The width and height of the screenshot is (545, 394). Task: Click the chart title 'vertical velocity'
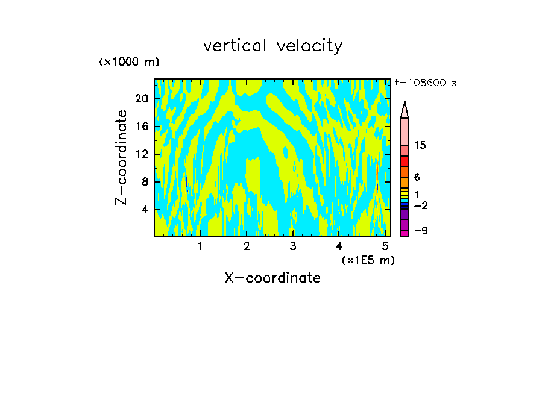[272, 46]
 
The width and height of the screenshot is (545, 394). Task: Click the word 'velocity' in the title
[309, 46]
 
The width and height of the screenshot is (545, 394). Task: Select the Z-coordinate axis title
[122, 157]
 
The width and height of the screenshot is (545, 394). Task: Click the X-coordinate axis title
[272, 278]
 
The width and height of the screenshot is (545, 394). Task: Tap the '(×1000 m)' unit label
[129, 62]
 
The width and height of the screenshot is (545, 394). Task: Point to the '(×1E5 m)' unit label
[368, 260]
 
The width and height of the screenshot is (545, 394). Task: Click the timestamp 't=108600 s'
[426, 83]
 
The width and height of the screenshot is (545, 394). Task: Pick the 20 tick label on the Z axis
[142, 99]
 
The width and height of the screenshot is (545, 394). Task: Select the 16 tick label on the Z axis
[142, 127]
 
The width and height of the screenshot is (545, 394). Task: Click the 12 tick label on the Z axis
[142, 154]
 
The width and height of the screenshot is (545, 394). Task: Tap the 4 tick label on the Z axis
[145, 210]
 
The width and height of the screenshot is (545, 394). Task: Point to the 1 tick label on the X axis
[200, 246]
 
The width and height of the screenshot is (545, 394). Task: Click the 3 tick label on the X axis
[292, 246]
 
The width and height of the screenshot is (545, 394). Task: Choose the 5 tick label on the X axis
[385, 246]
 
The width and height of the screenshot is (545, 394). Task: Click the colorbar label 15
[421, 146]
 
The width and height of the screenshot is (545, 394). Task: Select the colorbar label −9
[421, 231]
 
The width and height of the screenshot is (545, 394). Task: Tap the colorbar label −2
[421, 205]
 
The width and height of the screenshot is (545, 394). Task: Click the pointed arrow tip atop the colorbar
[405, 108]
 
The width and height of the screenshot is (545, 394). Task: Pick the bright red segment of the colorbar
[405, 161]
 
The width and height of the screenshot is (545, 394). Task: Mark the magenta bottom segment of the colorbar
[405, 233]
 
